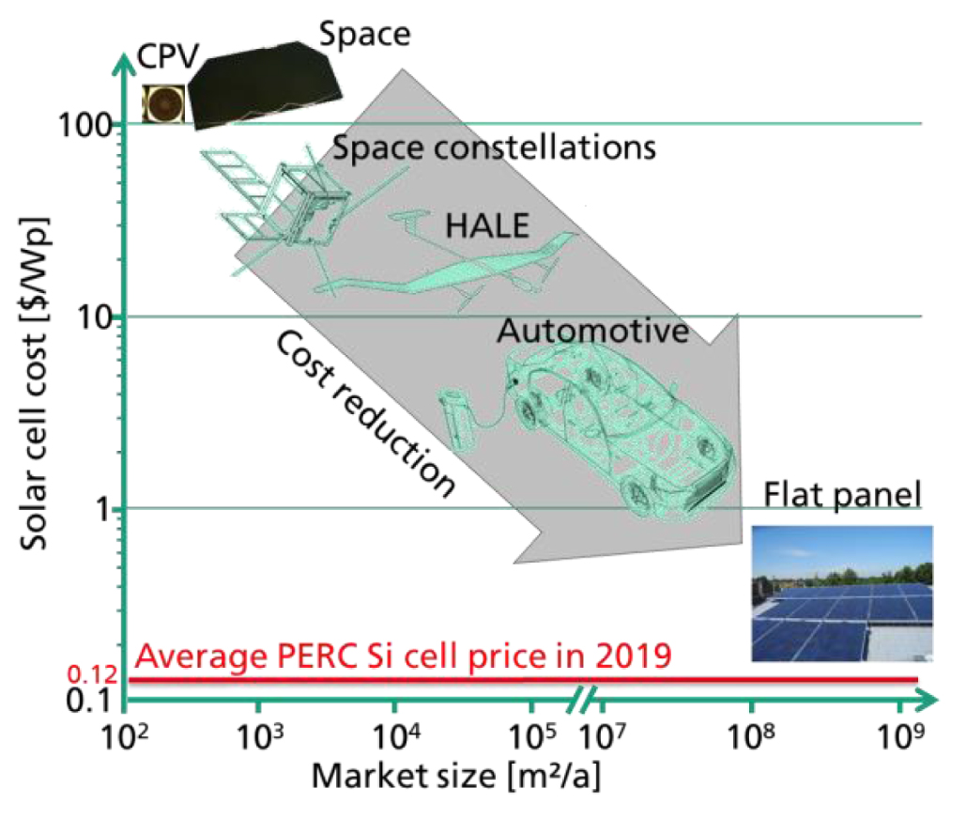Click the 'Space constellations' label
(493, 148)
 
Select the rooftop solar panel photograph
(843, 594)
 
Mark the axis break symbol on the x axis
(584, 700)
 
